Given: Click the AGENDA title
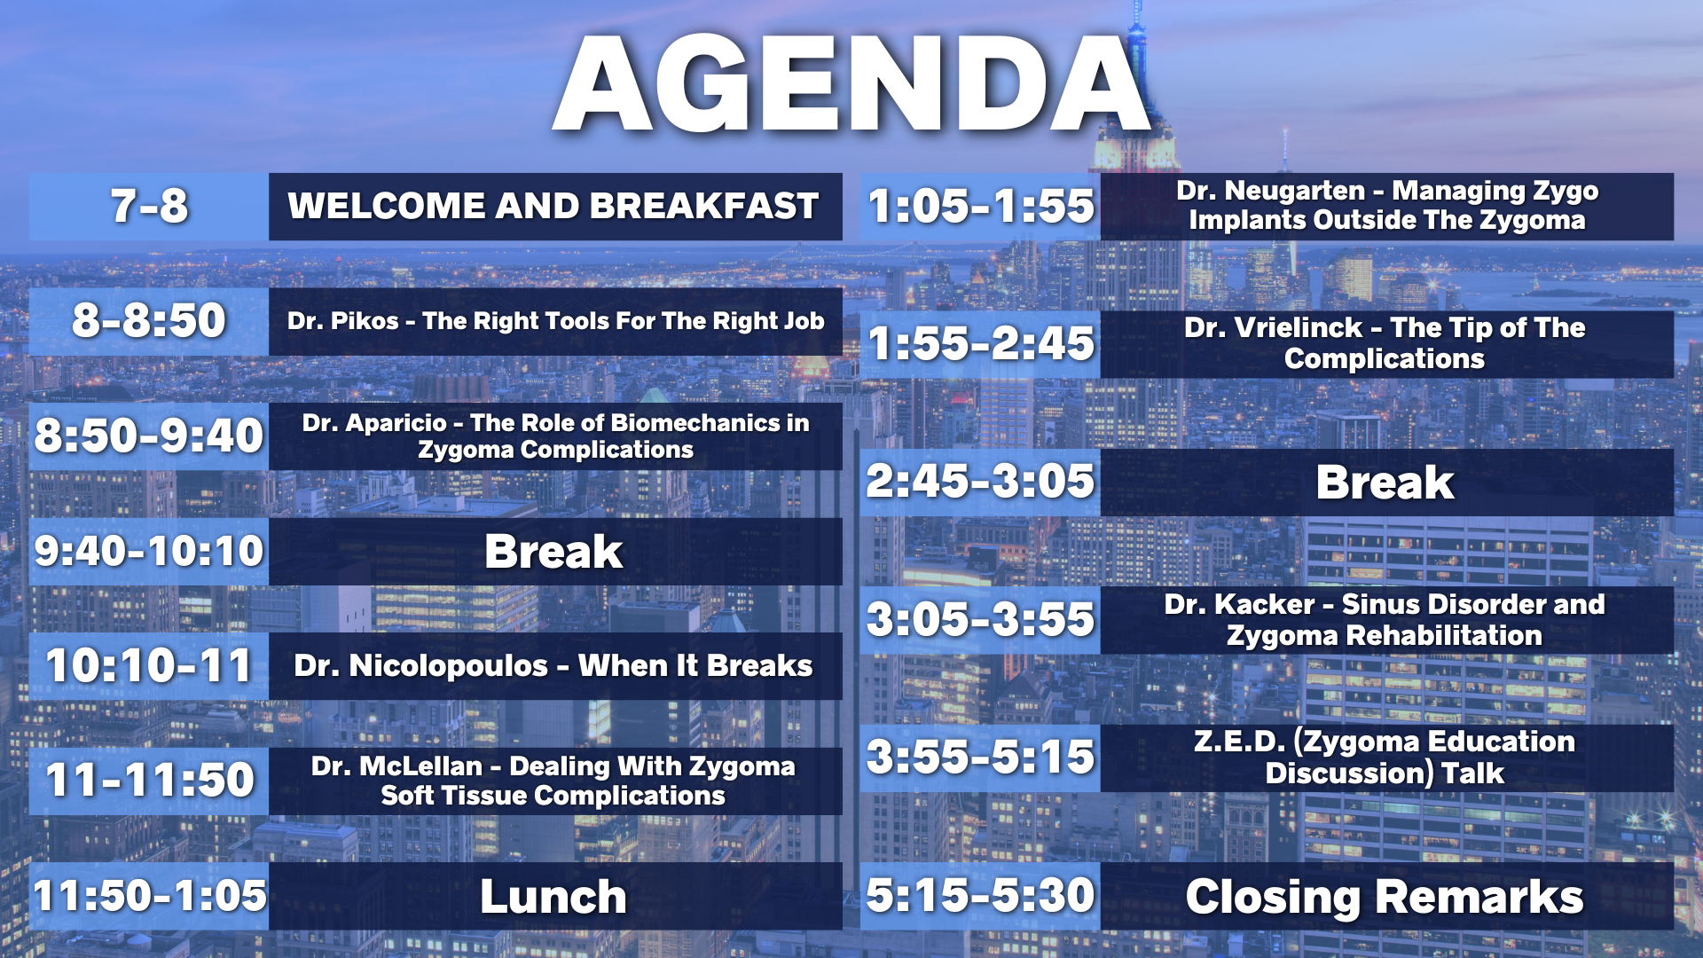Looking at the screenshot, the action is point(851,84).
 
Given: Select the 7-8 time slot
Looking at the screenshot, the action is point(149,206).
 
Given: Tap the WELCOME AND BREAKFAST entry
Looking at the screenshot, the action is point(553,206).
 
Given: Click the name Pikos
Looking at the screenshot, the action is point(365,321).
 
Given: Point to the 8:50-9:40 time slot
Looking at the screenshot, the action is point(149,436).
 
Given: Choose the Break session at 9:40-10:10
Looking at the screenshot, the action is point(553,551).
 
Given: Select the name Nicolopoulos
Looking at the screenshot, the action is point(449,666).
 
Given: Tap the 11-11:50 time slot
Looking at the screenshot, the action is point(149,781).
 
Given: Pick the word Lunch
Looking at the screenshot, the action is point(553,896).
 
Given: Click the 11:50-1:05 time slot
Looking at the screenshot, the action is point(149,896).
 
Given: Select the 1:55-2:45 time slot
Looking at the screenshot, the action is point(981,344).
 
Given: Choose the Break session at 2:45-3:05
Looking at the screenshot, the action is point(1385,483).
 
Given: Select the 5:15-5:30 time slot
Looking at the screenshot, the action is point(981,896).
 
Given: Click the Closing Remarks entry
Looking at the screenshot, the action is point(1385,896).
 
